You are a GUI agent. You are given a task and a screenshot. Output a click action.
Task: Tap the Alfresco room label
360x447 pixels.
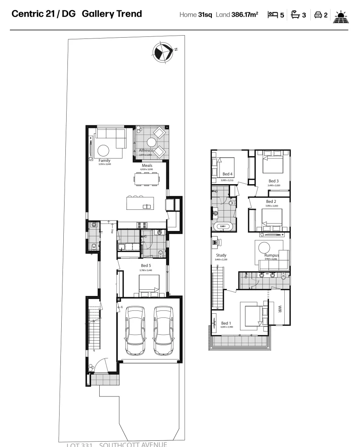click(x=146, y=150)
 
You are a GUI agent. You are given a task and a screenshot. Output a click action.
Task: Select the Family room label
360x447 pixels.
click(x=104, y=161)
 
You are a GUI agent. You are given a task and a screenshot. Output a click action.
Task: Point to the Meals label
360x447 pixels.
click(x=147, y=166)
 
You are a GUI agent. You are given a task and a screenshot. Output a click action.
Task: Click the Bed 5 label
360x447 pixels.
click(x=146, y=265)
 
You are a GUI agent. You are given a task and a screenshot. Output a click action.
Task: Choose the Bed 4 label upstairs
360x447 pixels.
click(x=228, y=174)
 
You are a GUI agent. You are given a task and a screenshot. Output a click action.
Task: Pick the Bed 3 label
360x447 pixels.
click(x=274, y=181)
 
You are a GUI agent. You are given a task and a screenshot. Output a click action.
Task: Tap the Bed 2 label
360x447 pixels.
click(x=271, y=202)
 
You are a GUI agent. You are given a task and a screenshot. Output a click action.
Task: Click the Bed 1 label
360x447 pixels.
click(x=226, y=323)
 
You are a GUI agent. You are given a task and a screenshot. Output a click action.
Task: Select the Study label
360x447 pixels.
click(x=221, y=255)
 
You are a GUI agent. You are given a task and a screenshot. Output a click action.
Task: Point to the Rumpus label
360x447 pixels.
click(x=271, y=255)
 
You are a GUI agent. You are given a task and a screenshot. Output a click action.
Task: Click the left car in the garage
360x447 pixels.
click(x=134, y=331)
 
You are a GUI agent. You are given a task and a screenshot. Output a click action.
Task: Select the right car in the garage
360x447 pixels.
click(x=163, y=331)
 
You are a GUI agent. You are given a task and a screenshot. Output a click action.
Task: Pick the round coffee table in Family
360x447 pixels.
click(x=103, y=150)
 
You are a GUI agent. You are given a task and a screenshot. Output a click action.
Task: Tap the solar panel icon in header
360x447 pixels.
click(x=341, y=16)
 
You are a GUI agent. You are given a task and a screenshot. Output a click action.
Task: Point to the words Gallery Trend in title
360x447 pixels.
click(x=112, y=14)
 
